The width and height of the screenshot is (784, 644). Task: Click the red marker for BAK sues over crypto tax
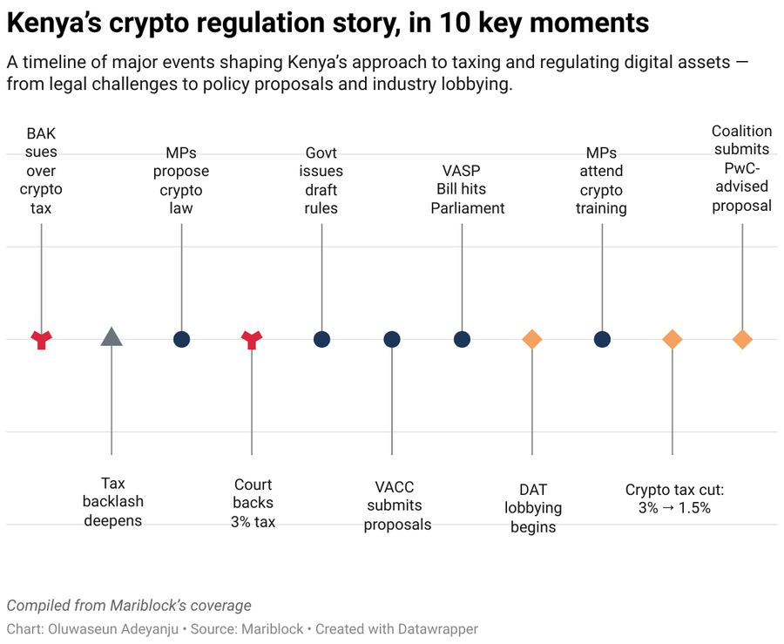pos(41,339)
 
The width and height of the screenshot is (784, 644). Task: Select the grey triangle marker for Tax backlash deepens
pos(112,337)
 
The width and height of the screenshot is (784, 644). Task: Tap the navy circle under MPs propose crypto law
pos(181,339)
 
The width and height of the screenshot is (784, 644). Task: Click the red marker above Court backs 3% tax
pos(252,339)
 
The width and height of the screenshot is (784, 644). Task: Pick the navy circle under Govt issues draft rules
pos(321,339)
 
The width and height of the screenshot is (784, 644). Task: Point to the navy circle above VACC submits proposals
pos(392,339)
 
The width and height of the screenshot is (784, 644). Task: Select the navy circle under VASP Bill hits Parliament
pos(462,339)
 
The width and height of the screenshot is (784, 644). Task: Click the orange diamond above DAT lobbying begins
pos(532,339)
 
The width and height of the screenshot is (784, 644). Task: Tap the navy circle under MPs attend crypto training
pos(602,339)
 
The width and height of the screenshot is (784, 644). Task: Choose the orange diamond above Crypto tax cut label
pos(672,339)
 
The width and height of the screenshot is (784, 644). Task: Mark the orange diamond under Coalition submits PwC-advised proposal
pos(742,339)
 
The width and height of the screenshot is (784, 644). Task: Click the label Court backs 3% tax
pos(253,503)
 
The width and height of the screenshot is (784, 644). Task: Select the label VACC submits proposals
pos(397,505)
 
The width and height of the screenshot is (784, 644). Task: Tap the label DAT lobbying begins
pos(532,508)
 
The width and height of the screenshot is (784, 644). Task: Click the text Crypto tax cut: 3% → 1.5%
pos(674,498)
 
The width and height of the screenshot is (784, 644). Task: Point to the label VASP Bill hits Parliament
pos(468,190)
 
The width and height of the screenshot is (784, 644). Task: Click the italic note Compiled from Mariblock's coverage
pos(129,605)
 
